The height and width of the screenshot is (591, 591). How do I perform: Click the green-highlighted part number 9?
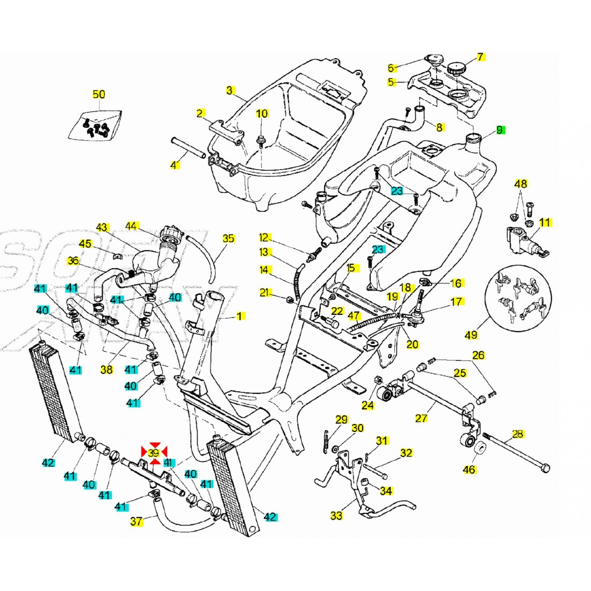(x=499, y=129)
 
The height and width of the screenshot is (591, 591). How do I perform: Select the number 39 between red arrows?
(x=154, y=453)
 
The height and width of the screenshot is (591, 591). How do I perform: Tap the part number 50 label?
(x=99, y=95)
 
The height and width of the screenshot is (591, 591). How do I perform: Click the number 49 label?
(x=471, y=335)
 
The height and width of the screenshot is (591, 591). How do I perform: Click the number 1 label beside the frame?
(x=240, y=316)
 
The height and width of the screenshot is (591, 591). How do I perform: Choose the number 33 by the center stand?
(x=336, y=516)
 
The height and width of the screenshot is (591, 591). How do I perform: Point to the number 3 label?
(x=229, y=90)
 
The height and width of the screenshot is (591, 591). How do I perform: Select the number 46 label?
(x=469, y=470)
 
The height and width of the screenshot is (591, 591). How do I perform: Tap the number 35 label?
(x=228, y=238)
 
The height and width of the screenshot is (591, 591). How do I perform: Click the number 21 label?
(x=264, y=293)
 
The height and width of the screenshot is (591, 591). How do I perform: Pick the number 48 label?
(x=521, y=184)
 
